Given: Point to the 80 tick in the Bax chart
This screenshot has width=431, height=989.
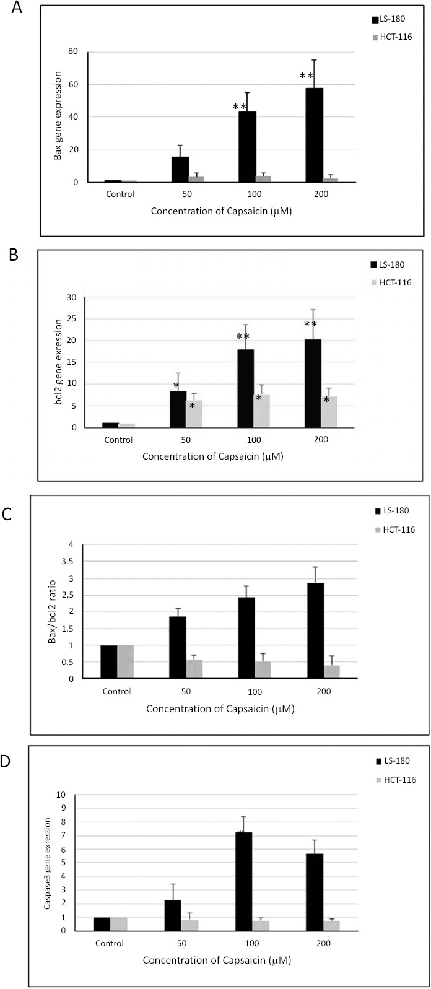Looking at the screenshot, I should point(74,51).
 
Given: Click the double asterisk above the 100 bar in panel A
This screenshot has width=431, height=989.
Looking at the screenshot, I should point(240,107).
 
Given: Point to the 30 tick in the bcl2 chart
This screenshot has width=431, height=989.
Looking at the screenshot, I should point(72,298).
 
